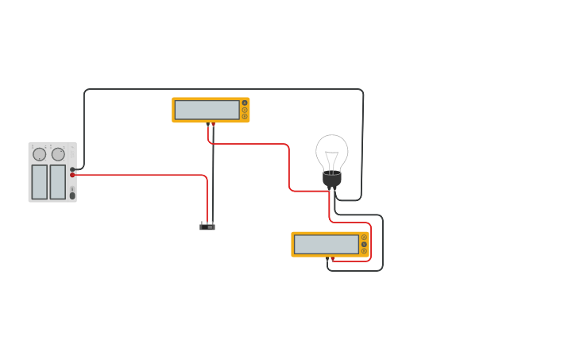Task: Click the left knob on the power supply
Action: coord(39,154)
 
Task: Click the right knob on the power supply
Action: coord(58,154)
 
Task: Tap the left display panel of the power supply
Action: coord(39,182)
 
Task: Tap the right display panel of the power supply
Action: coord(58,182)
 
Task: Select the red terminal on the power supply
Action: coord(72,175)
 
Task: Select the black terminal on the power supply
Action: coord(72,169)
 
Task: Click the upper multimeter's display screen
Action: coord(207,110)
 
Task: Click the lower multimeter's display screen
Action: coord(326,244)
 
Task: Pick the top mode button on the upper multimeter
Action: coord(245,103)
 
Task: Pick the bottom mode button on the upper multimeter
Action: coord(245,117)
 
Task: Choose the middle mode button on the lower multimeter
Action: coord(364,244)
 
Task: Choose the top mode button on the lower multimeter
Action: coord(364,237)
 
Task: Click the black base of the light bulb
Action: coord(332,179)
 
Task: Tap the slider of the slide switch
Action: coord(207,227)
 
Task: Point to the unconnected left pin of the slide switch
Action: coord(202,223)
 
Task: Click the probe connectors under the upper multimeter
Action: coord(211,124)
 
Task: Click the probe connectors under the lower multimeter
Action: coord(330,258)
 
